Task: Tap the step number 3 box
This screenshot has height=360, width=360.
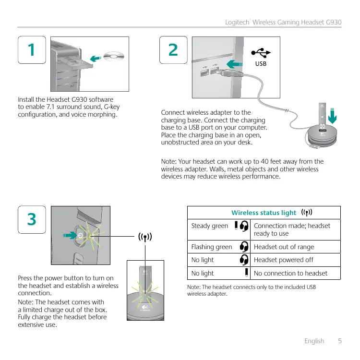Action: click(32, 219)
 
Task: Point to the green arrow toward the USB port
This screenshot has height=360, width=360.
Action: click(236, 64)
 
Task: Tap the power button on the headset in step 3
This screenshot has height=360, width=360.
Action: click(80, 235)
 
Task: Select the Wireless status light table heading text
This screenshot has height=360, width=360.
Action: click(264, 213)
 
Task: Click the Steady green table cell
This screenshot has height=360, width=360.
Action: click(210, 226)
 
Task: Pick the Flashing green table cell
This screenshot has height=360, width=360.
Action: click(212, 247)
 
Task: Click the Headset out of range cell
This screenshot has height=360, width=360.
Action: click(284, 247)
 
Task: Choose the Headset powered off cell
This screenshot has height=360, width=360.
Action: click(283, 260)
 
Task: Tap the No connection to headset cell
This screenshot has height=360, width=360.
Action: click(290, 273)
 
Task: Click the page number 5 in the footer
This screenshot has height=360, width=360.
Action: click(340, 341)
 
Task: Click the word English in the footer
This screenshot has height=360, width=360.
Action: click(314, 341)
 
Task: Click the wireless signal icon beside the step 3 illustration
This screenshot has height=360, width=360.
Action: click(145, 237)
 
